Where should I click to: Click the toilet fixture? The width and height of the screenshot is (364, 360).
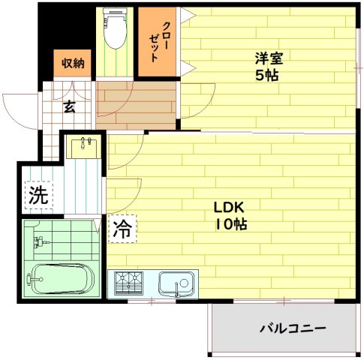[116, 30]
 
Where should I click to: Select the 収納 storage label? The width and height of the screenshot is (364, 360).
[73, 64]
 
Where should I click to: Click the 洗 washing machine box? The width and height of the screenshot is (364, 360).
[38, 196]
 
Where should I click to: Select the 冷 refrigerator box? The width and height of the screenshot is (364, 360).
[122, 229]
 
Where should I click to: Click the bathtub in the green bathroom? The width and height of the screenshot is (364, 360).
[60, 281]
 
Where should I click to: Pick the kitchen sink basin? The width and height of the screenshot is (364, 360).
[176, 284]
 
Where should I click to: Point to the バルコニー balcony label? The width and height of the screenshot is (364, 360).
[292, 328]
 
